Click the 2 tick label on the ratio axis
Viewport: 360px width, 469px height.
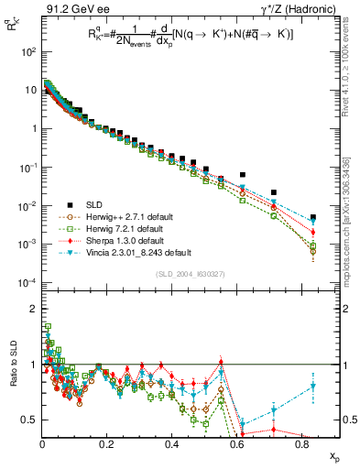(34, 310)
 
